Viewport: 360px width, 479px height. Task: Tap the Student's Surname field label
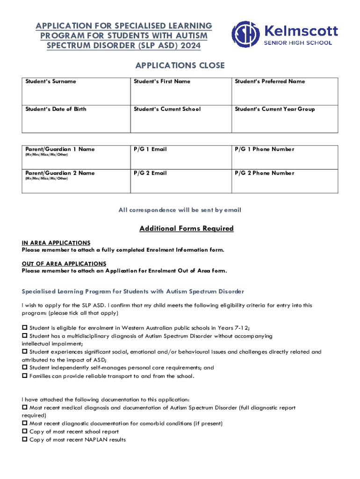click(x=50, y=81)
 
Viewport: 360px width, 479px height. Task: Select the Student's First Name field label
click(x=162, y=81)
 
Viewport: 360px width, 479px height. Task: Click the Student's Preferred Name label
click(x=270, y=81)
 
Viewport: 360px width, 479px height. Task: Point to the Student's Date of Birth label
click(x=56, y=109)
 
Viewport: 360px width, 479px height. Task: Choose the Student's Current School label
click(x=167, y=109)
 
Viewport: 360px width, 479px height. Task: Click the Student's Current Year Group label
click(x=274, y=109)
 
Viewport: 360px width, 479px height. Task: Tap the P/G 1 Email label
click(x=150, y=149)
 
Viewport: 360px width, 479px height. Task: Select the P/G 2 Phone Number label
click(x=265, y=173)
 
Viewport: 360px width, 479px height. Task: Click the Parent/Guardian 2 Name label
click(x=60, y=173)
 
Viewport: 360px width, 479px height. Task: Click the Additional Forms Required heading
click(x=187, y=229)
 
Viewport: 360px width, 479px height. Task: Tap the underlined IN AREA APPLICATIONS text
click(x=56, y=243)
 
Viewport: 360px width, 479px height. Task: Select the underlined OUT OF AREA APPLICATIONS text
click(x=64, y=264)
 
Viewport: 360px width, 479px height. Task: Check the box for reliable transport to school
click(x=25, y=376)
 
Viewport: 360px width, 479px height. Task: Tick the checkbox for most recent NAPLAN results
click(x=25, y=440)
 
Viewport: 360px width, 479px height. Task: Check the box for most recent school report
click(x=25, y=432)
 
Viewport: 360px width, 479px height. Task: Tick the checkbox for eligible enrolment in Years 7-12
click(x=25, y=328)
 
